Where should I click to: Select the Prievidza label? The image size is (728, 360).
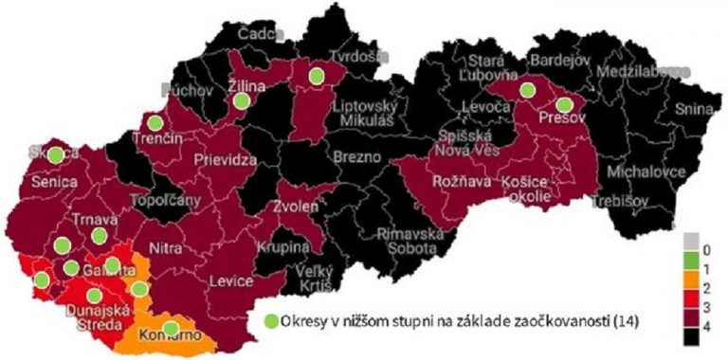pos(226,160)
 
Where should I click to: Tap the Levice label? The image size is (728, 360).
pos(231,282)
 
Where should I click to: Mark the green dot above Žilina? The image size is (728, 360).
pos(241,100)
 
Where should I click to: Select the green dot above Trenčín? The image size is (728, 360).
pos(154,122)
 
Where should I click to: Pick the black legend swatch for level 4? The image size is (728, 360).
pos(693,335)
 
